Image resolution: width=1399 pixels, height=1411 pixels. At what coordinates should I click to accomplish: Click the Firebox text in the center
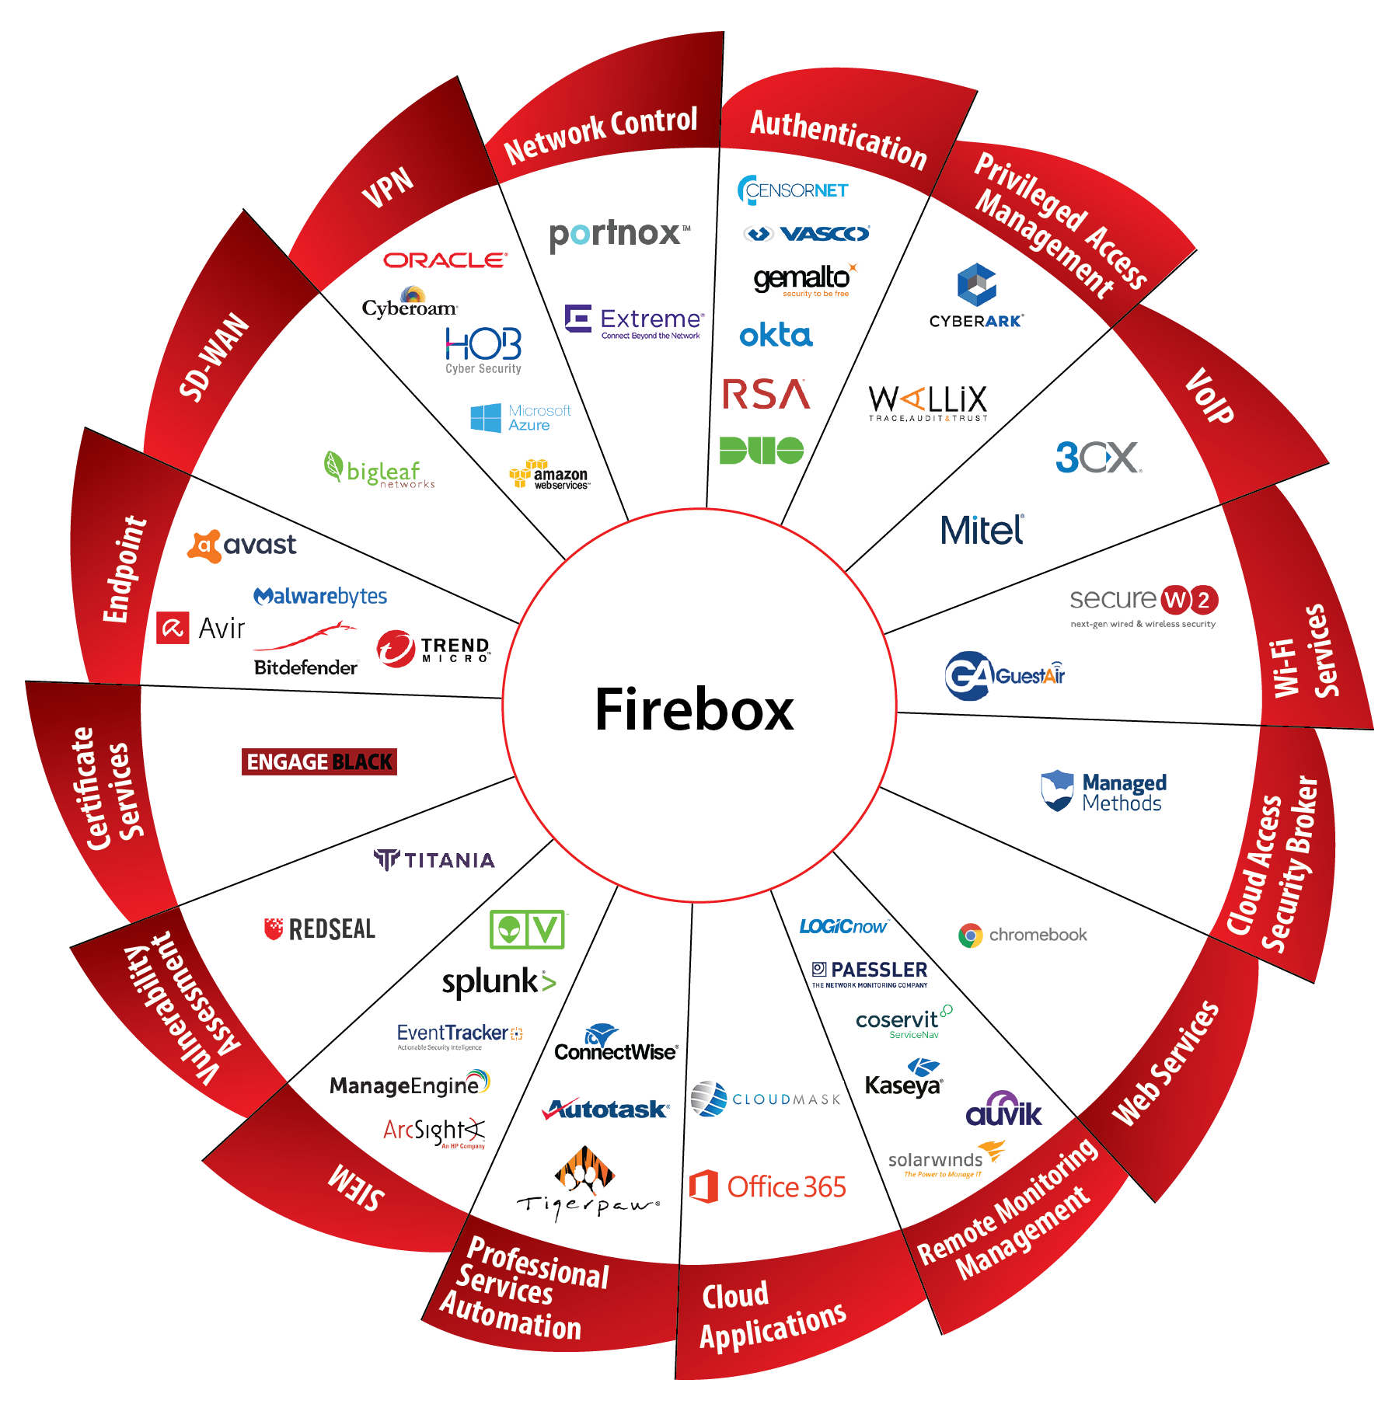(694, 709)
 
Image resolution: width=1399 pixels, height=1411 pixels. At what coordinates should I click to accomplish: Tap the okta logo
(775, 336)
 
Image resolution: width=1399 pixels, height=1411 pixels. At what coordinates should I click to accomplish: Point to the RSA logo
(766, 394)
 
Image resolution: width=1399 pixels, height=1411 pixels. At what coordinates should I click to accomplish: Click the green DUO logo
(761, 450)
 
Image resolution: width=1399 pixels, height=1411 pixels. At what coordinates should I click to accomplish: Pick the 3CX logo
(1098, 458)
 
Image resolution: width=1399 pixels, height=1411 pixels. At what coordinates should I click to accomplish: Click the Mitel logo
(982, 531)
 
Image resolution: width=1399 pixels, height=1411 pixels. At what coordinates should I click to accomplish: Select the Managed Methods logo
(1104, 792)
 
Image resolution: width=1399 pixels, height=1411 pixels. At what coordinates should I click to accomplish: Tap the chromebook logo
(1023, 935)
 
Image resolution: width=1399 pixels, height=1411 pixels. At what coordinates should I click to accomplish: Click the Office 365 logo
(767, 1186)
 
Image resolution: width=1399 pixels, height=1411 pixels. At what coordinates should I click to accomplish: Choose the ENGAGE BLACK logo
(319, 761)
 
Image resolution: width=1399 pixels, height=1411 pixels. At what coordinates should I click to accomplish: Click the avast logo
(242, 545)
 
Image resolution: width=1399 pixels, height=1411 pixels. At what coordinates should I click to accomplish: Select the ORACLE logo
(445, 260)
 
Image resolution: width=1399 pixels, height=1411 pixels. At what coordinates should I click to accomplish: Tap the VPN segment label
(388, 187)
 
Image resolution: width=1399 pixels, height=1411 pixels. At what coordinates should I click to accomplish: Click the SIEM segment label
(356, 1187)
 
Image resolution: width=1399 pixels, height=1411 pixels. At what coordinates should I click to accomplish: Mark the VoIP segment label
(1209, 395)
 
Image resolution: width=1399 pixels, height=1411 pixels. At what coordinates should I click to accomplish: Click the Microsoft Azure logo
(520, 417)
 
